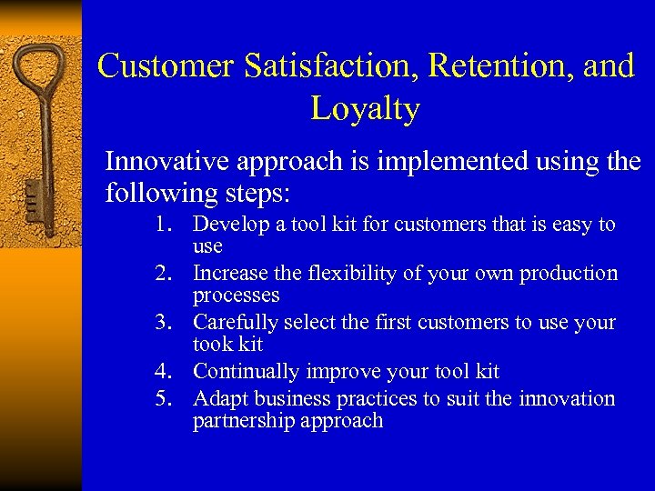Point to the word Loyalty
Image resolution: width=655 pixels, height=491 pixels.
point(365,109)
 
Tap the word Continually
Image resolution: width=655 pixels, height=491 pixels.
point(238,372)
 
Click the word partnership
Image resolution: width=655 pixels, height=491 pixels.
point(239,421)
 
